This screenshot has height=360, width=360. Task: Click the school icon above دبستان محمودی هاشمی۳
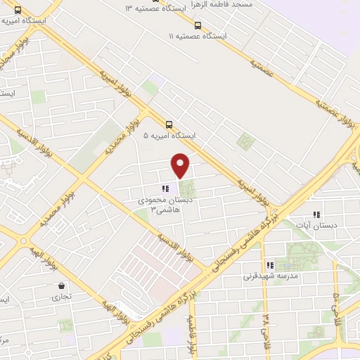(x=165, y=189)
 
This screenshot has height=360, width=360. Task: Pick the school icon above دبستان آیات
(x=316, y=214)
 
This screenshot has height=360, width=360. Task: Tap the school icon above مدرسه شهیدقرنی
(x=268, y=266)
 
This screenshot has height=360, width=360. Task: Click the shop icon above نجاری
(x=63, y=286)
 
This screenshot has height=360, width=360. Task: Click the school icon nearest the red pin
(x=165, y=189)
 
